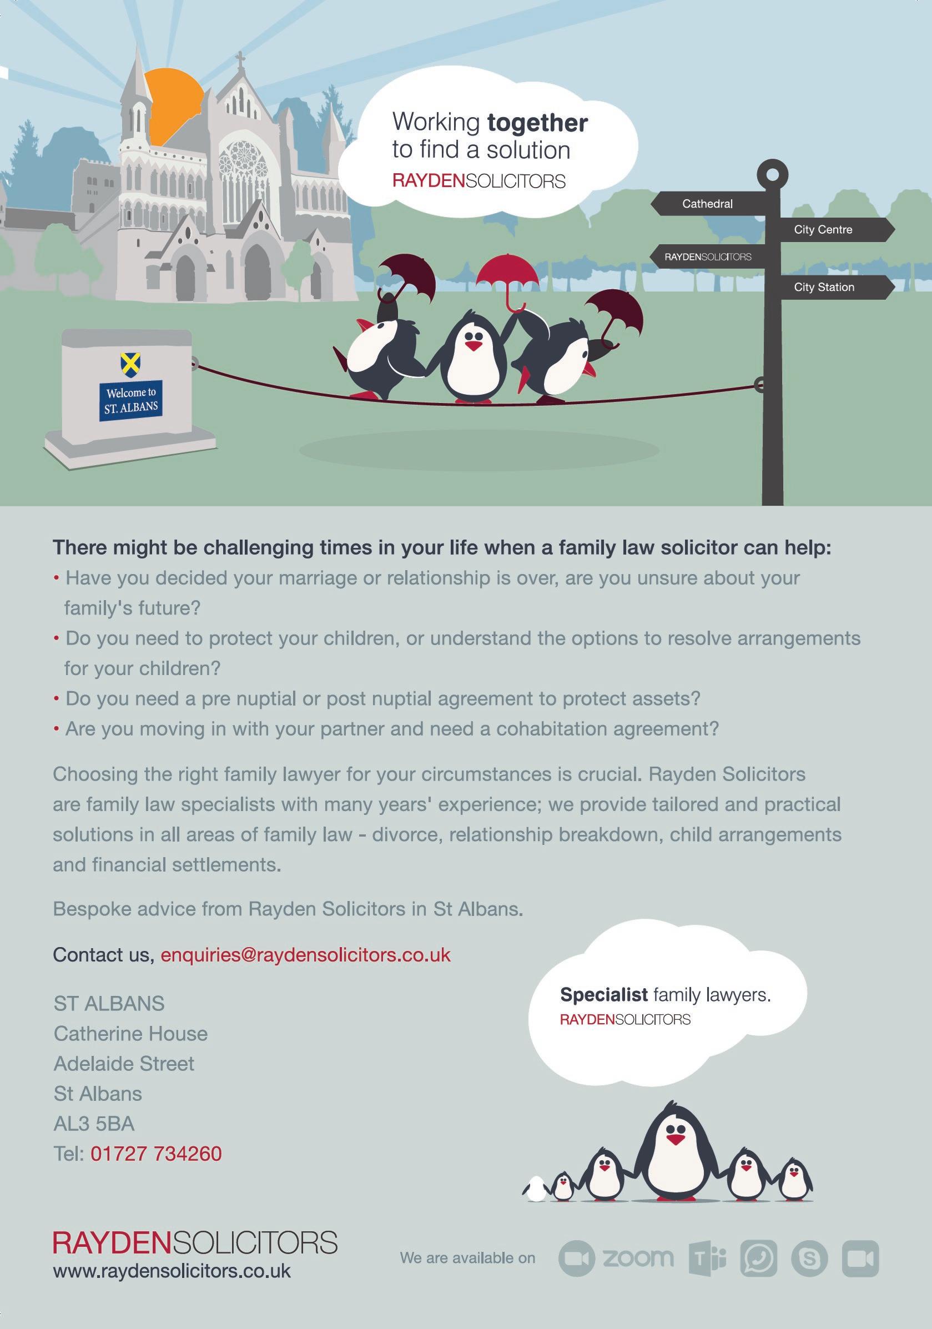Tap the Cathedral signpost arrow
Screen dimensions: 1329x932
click(712, 204)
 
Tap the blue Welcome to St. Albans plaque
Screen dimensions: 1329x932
click(131, 400)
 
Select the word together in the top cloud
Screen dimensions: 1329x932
click(537, 123)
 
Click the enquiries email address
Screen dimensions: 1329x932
click(305, 954)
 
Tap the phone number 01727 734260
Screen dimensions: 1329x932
click(157, 1154)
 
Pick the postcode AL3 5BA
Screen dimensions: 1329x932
click(94, 1124)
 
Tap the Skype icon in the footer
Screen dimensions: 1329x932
click(809, 1258)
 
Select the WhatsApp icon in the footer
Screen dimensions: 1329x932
click(758, 1258)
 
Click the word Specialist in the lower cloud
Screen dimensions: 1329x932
click(603, 994)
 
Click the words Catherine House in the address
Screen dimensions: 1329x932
click(130, 1033)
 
